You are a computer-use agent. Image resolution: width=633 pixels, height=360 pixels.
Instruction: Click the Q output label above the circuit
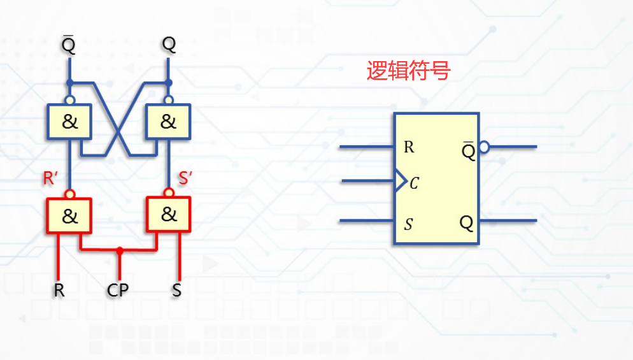(169, 45)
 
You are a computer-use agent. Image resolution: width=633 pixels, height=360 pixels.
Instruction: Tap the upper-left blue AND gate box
(69, 122)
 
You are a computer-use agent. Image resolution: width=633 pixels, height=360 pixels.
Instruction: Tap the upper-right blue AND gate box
(168, 122)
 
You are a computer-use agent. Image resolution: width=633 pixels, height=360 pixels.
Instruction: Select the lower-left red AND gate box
(69, 215)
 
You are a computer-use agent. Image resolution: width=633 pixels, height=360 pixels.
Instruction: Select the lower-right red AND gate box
(168, 214)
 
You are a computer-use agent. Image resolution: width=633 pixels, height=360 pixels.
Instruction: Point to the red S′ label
(185, 179)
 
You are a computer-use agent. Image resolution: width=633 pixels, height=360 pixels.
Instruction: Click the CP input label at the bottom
(118, 291)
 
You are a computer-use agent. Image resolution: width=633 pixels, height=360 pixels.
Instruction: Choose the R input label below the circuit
(59, 291)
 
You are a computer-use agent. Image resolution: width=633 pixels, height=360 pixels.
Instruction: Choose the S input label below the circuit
(176, 291)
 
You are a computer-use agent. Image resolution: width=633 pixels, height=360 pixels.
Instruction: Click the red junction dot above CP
(119, 250)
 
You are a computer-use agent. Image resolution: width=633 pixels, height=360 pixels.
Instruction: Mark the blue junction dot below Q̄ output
(69, 83)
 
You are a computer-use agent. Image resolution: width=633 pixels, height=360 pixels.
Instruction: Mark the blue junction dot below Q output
(169, 83)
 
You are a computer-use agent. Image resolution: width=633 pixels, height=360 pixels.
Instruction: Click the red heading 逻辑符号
(408, 71)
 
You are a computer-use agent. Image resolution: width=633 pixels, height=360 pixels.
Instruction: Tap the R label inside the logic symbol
(409, 147)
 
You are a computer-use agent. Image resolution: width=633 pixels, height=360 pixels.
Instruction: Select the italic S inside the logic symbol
(409, 224)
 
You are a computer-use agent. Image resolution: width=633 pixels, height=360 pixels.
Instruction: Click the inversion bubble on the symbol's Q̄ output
(484, 147)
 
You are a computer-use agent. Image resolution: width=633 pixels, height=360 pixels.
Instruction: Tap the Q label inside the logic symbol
(467, 223)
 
